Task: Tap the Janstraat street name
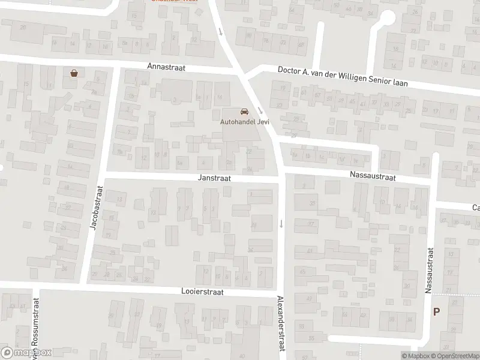[214, 178]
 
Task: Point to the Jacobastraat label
[95, 207]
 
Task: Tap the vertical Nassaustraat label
[428, 271]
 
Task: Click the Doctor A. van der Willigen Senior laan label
[343, 77]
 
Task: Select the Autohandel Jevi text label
[245, 122]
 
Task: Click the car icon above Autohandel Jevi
[245, 112]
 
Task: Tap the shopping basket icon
[74, 73]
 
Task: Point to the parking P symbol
[436, 311]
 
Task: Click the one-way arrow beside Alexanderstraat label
[281, 224]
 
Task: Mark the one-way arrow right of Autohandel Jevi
[260, 110]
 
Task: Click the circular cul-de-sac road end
[387, 19]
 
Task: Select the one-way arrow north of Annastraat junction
[221, 31]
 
